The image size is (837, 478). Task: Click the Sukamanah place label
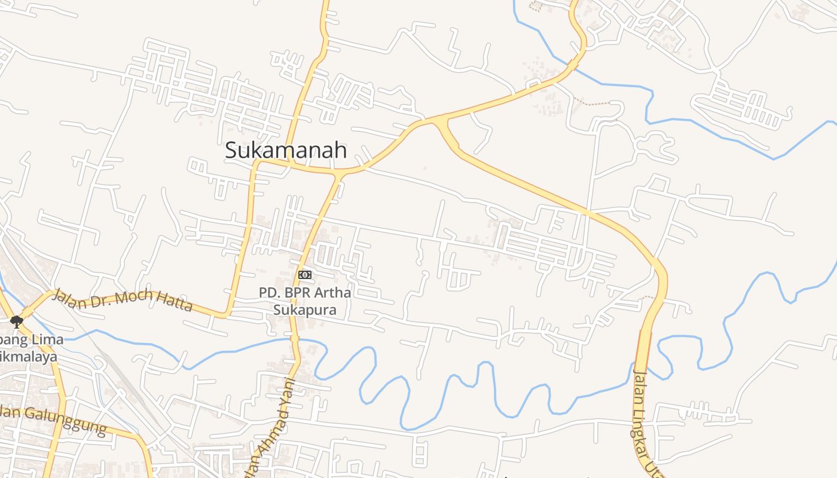(286, 150)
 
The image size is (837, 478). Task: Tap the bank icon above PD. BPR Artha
(305, 274)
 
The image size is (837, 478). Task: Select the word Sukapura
(305, 310)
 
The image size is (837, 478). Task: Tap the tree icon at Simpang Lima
(16, 322)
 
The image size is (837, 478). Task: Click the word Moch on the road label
(133, 297)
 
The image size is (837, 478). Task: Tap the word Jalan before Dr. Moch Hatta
(68, 296)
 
